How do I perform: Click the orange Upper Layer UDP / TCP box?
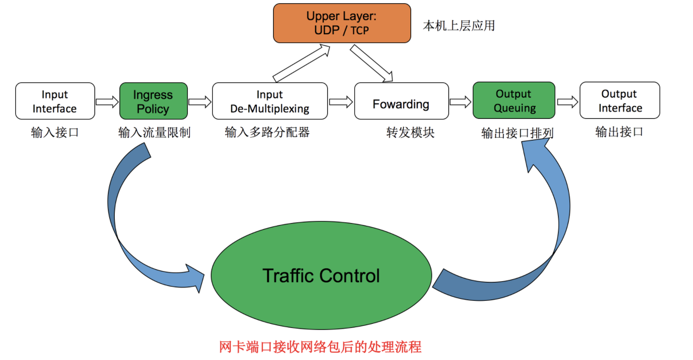[x=342, y=23]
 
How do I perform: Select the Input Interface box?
[x=55, y=101]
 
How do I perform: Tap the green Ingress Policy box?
[x=154, y=101]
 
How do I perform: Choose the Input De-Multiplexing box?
[x=270, y=101]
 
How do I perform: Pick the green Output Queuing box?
[x=514, y=100]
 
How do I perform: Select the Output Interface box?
[x=619, y=100]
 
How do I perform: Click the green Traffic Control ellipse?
[x=321, y=276]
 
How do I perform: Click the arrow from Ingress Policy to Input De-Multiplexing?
[x=200, y=102]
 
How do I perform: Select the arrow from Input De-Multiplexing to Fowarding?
[x=341, y=102]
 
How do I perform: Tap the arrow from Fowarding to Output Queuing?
[x=460, y=102]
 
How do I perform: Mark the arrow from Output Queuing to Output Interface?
[x=568, y=102]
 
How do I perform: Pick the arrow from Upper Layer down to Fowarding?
[x=371, y=63]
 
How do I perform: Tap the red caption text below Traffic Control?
[x=320, y=347]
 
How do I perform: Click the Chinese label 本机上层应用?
[x=459, y=25]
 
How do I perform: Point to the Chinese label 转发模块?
[x=410, y=133]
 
